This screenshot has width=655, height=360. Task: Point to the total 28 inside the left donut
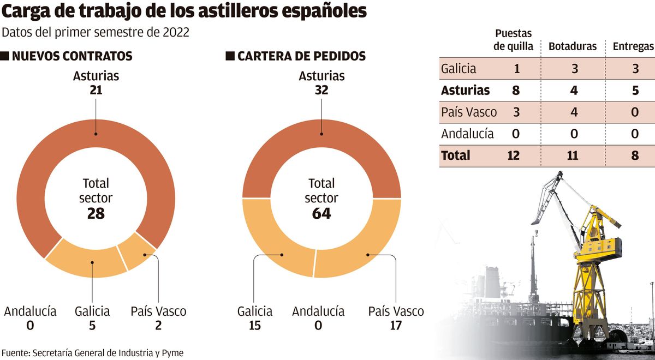click(x=96, y=213)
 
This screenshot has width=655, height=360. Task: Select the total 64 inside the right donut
click(x=321, y=213)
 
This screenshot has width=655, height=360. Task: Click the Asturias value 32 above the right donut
click(x=321, y=90)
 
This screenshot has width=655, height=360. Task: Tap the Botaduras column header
click(x=573, y=46)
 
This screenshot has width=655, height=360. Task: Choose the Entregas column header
click(x=633, y=46)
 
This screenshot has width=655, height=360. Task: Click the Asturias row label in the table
click(x=466, y=90)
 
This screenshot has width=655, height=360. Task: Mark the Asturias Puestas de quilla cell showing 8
click(x=516, y=90)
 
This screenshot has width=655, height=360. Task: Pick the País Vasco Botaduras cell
click(x=574, y=112)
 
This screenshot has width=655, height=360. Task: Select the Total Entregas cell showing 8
click(x=635, y=155)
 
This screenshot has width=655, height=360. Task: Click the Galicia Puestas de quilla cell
click(x=516, y=69)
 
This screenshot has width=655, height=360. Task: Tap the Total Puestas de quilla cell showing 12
click(x=513, y=155)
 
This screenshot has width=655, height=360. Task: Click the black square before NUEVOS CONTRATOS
click(x=5, y=56)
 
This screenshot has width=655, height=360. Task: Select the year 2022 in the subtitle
click(x=175, y=32)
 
